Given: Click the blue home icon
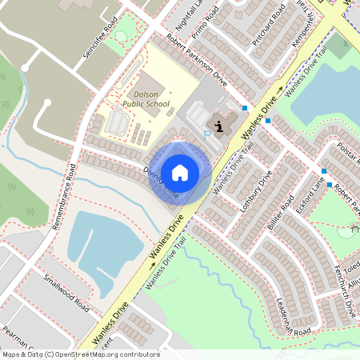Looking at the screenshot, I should coord(180,172).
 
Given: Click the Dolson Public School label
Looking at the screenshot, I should coord(146,98).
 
